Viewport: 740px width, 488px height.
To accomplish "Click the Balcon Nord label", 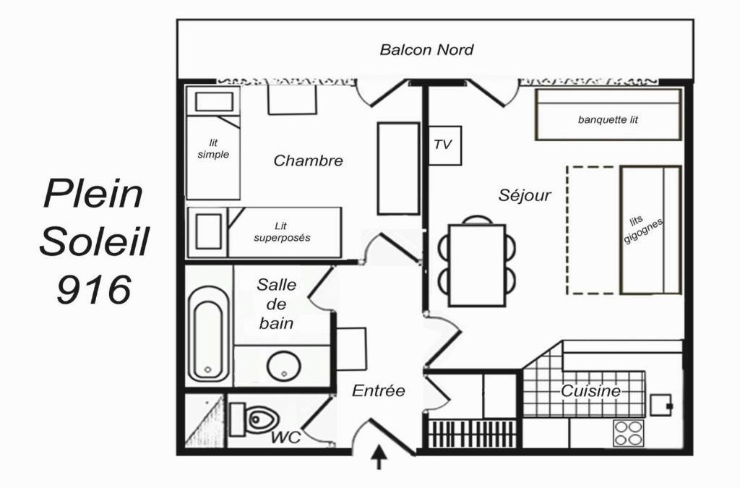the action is pos(426,50).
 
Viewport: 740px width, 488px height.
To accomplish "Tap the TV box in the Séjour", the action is pos(444,145).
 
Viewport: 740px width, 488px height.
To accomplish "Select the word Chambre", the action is pos(308,160).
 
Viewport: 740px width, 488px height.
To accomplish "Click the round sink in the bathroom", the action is pos(284,367).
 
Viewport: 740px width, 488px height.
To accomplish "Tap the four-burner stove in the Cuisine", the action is pos(629,433).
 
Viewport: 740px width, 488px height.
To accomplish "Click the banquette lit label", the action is pos(608,120).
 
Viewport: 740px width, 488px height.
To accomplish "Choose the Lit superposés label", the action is pos(283,232).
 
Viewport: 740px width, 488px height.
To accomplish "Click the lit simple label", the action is pos(213,149).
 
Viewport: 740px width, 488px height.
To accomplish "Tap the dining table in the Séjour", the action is pos(477,266).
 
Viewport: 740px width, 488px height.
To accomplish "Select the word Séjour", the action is pos(525,195).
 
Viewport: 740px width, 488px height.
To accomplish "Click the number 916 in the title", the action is pos(94,289).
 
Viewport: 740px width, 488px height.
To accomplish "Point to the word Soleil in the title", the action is pos(94,241).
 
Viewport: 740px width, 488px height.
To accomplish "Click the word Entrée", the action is pos(379,391).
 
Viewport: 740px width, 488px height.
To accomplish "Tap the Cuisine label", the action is pos(590,391).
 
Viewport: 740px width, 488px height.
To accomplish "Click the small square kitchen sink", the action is pos(661,405).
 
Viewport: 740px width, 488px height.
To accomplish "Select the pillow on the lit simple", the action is pos(214,101).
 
